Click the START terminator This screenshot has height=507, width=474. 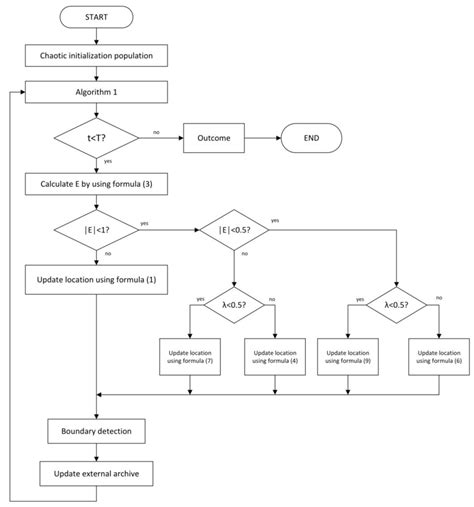[97, 17]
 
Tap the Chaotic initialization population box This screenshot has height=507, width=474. [97, 55]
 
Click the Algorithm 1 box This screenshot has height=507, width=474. [97, 93]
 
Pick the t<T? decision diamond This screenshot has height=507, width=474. [97, 138]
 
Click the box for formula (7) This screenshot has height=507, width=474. [190, 357]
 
